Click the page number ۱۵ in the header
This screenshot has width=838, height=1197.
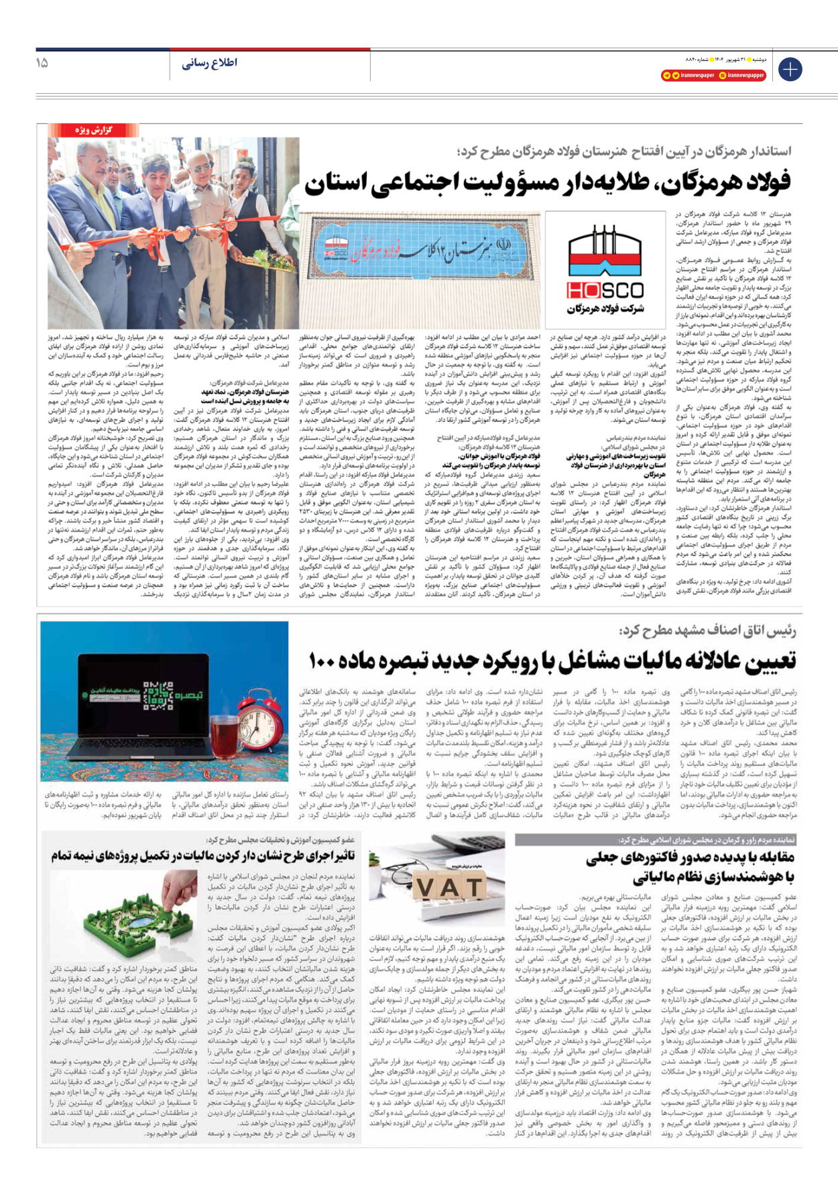pos(42,63)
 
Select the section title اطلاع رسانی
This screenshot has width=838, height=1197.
pos(209,63)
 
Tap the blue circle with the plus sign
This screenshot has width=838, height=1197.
pos(790,69)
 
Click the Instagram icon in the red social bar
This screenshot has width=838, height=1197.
pos(722,76)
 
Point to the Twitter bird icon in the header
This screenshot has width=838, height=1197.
pos(676,76)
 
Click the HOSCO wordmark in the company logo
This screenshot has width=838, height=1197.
pos(605,290)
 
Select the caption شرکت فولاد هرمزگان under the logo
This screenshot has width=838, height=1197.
pos(605,308)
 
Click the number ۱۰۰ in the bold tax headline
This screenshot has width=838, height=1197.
pos(322,661)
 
